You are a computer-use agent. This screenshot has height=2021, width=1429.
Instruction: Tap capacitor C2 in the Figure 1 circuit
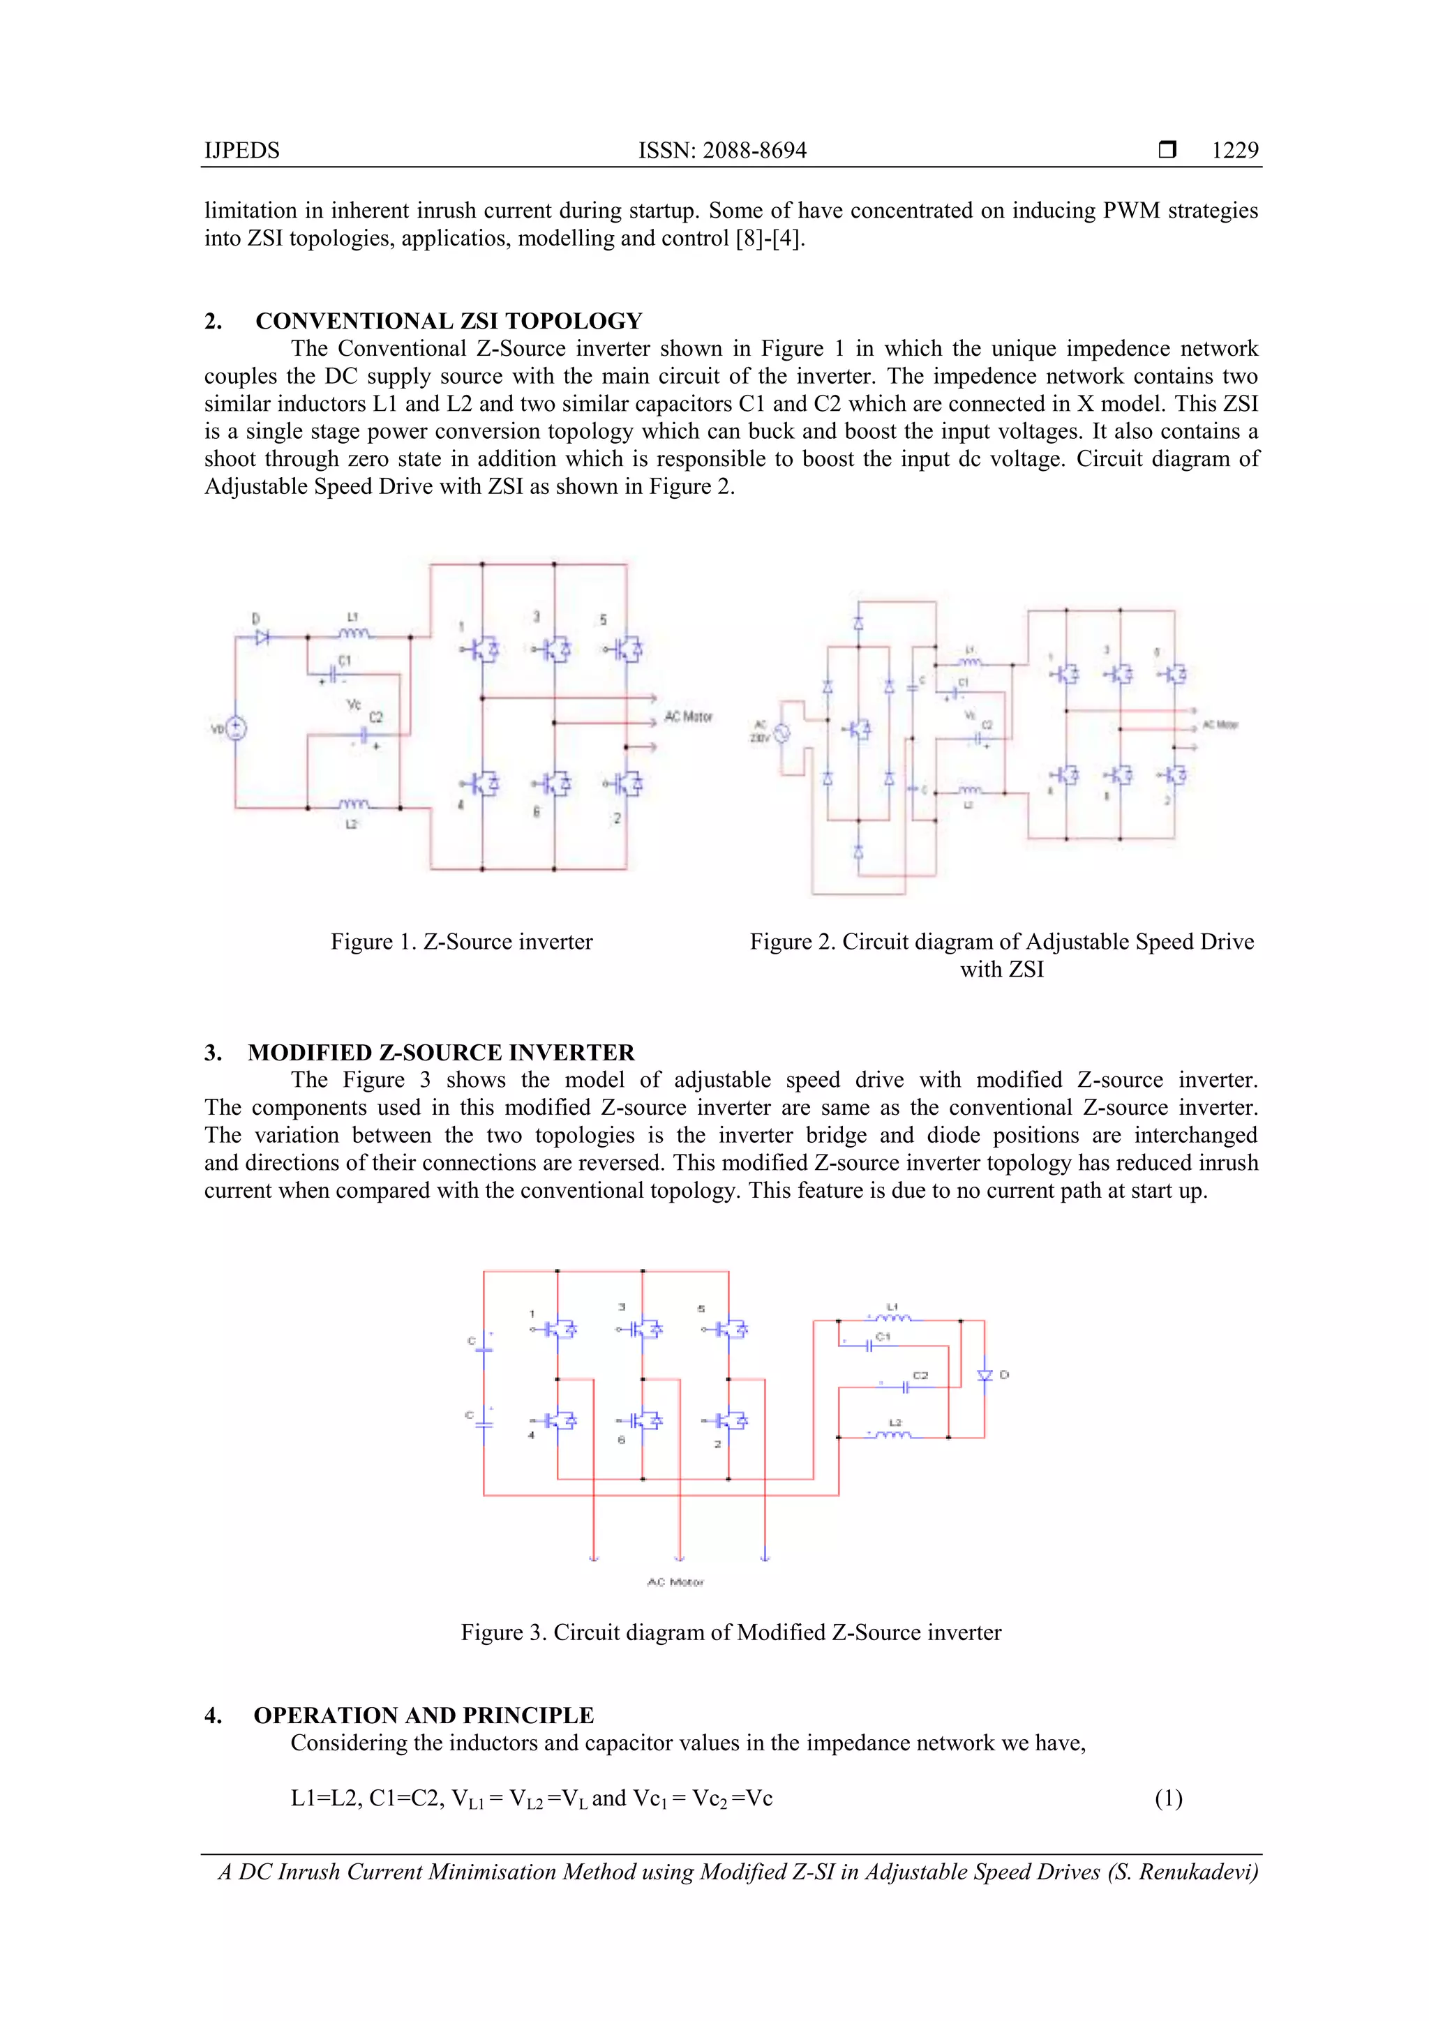click(x=363, y=733)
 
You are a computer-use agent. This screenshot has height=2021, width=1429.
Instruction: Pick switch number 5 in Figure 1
click(x=629, y=649)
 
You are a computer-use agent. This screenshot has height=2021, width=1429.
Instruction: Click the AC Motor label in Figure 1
click(x=688, y=716)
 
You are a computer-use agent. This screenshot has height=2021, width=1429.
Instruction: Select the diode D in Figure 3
click(x=985, y=1375)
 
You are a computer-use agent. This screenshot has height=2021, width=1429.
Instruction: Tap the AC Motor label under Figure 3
click(x=675, y=1582)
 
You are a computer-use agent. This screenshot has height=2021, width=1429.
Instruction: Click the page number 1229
click(x=1234, y=151)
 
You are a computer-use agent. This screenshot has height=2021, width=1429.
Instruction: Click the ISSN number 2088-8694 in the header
click(x=754, y=151)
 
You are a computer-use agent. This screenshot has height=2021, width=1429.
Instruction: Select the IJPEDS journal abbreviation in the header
click(x=242, y=151)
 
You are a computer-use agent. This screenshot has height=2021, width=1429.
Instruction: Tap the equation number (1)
click(x=1168, y=1798)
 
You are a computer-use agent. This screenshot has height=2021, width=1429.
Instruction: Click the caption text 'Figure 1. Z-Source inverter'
click(x=461, y=942)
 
